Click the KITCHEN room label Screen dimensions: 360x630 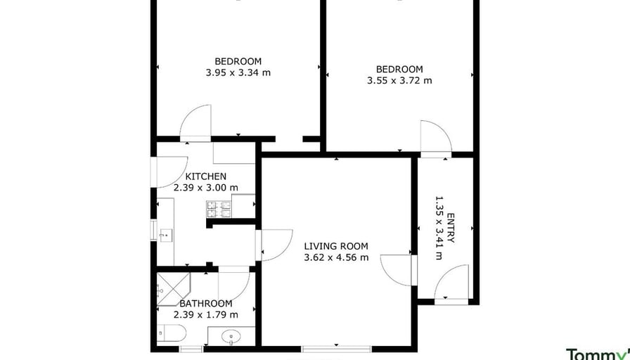205,176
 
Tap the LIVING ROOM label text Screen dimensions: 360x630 336,246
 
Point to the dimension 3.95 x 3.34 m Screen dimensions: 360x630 238,72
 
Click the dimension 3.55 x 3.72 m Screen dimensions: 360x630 399,80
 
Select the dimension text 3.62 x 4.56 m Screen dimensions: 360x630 336,257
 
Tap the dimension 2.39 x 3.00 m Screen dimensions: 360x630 205,188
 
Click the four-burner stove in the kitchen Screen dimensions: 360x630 219,207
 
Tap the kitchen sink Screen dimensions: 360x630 166,235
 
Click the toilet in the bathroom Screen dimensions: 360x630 172,333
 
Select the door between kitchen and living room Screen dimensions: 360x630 275,245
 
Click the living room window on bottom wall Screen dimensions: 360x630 336,348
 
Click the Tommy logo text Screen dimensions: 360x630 598,354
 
